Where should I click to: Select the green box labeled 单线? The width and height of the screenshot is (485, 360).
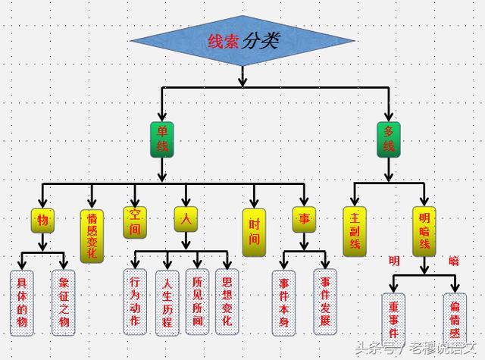click(x=161, y=138)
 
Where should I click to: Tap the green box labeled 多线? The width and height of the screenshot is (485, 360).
click(x=388, y=138)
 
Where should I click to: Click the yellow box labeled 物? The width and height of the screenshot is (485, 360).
click(x=42, y=220)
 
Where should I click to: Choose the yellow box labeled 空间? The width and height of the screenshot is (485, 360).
click(x=133, y=221)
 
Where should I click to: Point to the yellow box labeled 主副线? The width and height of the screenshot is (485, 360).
click(x=354, y=230)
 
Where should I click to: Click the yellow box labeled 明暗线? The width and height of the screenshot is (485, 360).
click(x=424, y=230)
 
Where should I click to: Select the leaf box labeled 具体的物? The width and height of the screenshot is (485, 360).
click(x=22, y=302)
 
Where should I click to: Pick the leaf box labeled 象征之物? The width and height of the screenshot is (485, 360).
click(x=64, y=302)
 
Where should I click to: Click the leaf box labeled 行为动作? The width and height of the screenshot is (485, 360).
click(x=135, y=301)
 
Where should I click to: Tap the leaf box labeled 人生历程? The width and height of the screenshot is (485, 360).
click(x=167, y=302)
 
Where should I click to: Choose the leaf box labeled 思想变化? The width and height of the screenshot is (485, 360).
click(x=227, y=301)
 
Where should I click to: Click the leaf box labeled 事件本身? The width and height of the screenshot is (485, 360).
click(x=284, y=302)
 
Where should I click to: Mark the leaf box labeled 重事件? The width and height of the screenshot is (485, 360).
click(x=395, y=318)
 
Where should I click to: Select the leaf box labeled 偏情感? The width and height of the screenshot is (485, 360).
click(x=455, y=318)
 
